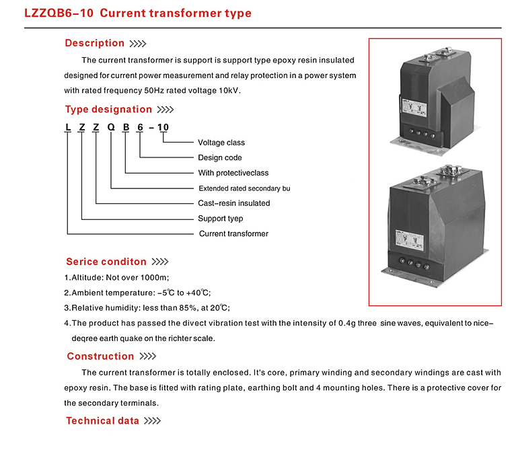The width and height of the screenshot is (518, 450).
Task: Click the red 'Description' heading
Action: pos(94,43)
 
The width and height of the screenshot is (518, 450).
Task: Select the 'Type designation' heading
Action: pos(108,110)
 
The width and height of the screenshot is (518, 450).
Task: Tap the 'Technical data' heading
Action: pos(102,420)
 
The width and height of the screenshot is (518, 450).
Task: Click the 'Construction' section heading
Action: pos(100,357)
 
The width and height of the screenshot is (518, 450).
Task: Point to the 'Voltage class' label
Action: pos(221,143)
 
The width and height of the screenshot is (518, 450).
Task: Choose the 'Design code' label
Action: pos(220,157)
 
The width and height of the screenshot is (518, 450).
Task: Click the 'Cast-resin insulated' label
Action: pos(234,203)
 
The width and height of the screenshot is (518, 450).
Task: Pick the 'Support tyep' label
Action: pos(221,219)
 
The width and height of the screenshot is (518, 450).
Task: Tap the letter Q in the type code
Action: pos(111,127)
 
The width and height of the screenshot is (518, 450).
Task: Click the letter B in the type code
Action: pos(126,127)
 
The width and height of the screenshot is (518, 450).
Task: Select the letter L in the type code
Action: pos(68,127)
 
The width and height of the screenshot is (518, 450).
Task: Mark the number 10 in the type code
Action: pos(163,127)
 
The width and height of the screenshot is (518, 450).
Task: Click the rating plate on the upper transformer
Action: pos(414,108)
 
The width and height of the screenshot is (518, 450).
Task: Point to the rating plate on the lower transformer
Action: pos(410,240)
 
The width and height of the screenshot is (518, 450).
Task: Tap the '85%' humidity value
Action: pos(188,308)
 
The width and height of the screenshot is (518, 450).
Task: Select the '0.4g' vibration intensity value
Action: pos(347,324)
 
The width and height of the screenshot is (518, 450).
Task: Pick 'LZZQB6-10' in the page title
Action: pos(59,13)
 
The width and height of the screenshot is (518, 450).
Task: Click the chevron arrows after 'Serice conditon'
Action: pos(160,262)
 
